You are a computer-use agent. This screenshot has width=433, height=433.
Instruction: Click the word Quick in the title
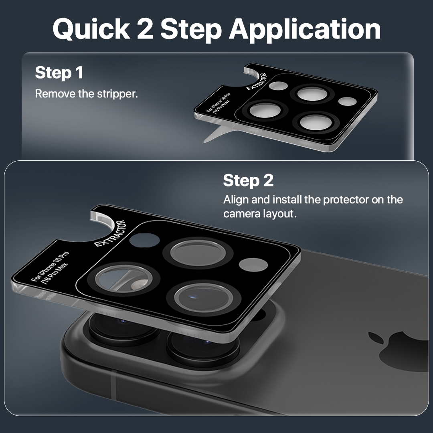(x=91, y=30)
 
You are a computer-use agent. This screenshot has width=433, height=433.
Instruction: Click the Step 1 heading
(x=59, y=73)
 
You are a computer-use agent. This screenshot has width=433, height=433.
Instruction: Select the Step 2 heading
(x=248, y=180)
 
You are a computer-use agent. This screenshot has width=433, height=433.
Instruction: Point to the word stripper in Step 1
(x=117, y=94)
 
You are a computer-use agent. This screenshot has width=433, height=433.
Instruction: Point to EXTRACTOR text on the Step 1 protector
(x=257, y=81)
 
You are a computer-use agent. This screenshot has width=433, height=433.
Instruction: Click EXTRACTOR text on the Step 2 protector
(x=110, y=233)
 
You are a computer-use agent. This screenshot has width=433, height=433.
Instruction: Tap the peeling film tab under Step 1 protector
(x=218, y=134)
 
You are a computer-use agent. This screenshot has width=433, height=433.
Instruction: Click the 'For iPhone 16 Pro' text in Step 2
(x=49, y=267)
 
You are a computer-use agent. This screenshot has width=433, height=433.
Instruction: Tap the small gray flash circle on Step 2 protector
(x=253, y=265)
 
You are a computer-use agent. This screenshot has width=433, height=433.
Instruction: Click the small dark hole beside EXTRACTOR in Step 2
(x=144, y=240)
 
